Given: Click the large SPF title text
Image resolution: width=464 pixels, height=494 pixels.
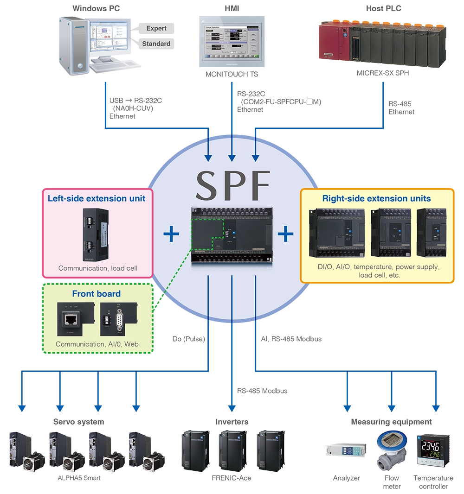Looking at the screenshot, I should pyautogui.click(x=232, y=185).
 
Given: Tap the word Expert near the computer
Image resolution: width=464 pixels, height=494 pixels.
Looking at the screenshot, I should pyautogui.click(x=156, y=28).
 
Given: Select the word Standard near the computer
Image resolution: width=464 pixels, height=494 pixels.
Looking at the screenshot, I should pyautogui.click(x=156, y=44).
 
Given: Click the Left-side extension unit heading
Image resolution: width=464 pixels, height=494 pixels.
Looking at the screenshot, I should pyautogui.click(x=97, y=198).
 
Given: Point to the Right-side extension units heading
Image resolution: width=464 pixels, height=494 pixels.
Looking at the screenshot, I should pyautogui.click(x=376, y=198).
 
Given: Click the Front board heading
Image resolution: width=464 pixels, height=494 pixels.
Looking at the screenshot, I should pyautogui.click(x=96, y=293).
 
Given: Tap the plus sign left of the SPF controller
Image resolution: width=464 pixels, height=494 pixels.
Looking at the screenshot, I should pyautogui.click(x=171, y=234).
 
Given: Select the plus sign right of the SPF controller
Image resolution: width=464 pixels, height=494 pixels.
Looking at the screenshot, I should pyautogui.click(x=285, y=234).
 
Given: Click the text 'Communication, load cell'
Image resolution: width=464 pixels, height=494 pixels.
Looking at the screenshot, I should pyautogui.click(x=96, y=268).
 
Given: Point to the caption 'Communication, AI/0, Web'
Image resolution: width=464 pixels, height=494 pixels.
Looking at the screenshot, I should pyautogui.click(x=97, y=344).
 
